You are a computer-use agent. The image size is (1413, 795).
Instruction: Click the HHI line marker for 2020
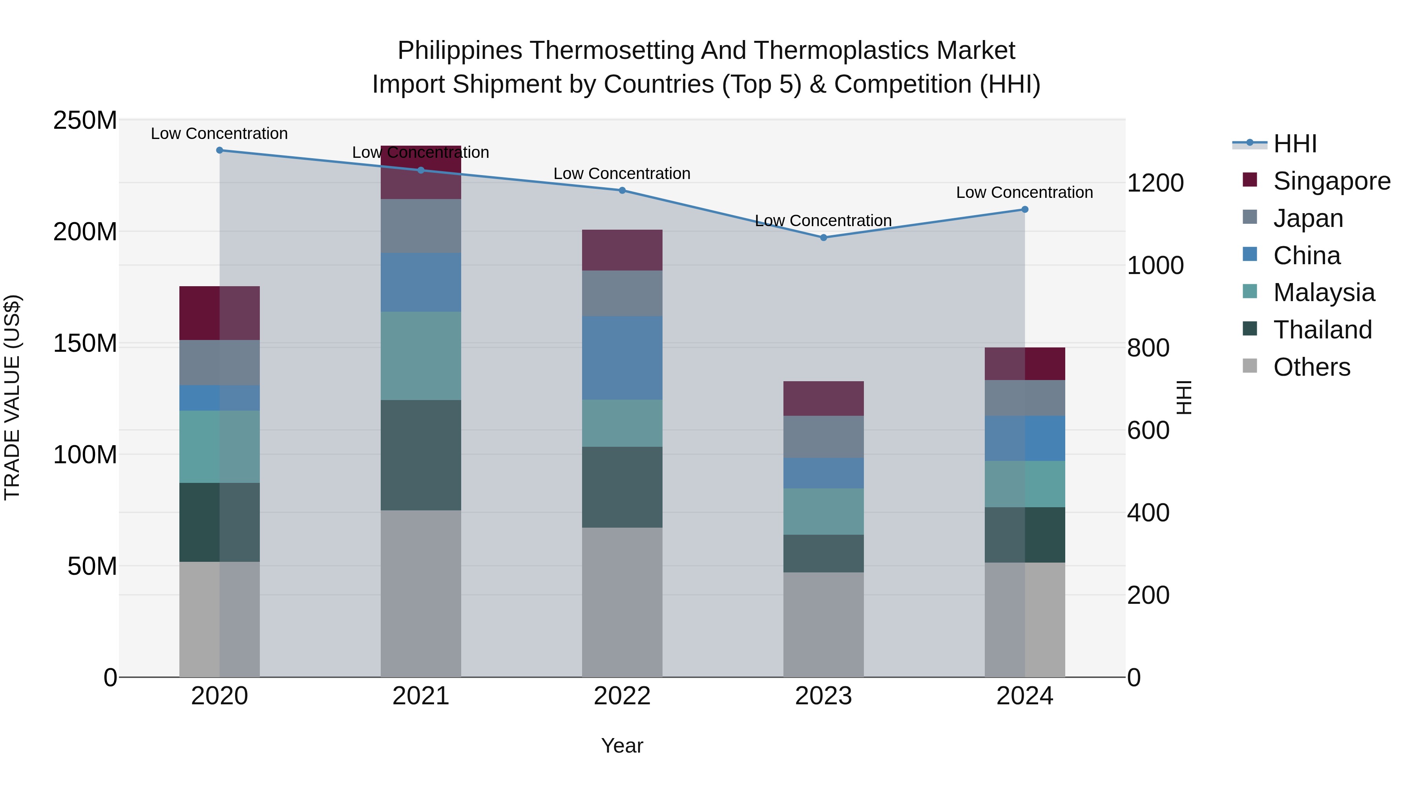coord(219,150)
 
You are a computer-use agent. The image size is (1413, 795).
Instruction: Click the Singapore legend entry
coord(1331,181)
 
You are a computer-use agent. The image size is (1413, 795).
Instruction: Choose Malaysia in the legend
coord(1324,292)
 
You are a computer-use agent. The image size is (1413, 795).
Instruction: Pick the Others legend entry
coord(1311,367)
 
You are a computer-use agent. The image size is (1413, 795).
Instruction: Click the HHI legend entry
coord(1294,144)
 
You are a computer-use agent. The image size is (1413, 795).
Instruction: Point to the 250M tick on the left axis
coord(85,120)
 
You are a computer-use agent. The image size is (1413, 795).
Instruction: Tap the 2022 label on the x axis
coord(622,696)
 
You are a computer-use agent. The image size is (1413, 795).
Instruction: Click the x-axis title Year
coord(622,746)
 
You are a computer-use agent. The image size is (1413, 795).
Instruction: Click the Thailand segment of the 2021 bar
coord(421,455)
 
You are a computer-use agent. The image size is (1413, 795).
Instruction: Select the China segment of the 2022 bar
coord(622,358)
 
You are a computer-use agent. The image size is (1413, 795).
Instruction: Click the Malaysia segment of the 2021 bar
coord(421,356)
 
